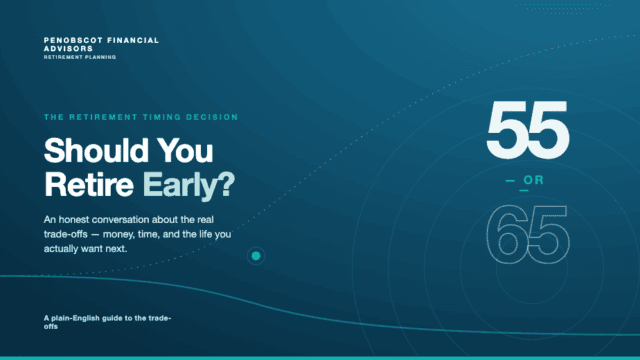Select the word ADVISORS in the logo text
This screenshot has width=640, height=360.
coord(68,49)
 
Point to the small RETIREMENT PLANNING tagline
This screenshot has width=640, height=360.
coord(80,57)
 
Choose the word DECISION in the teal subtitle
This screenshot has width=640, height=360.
coord(212,117)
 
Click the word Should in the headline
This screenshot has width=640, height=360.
coord(96,151)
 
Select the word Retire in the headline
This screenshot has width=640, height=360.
coord(89,184)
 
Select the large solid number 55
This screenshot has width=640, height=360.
coord(528,130)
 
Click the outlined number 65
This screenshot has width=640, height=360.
coord(528,234)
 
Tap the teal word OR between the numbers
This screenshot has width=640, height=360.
coord(533,180)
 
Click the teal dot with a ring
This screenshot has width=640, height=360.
coord(256,256)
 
